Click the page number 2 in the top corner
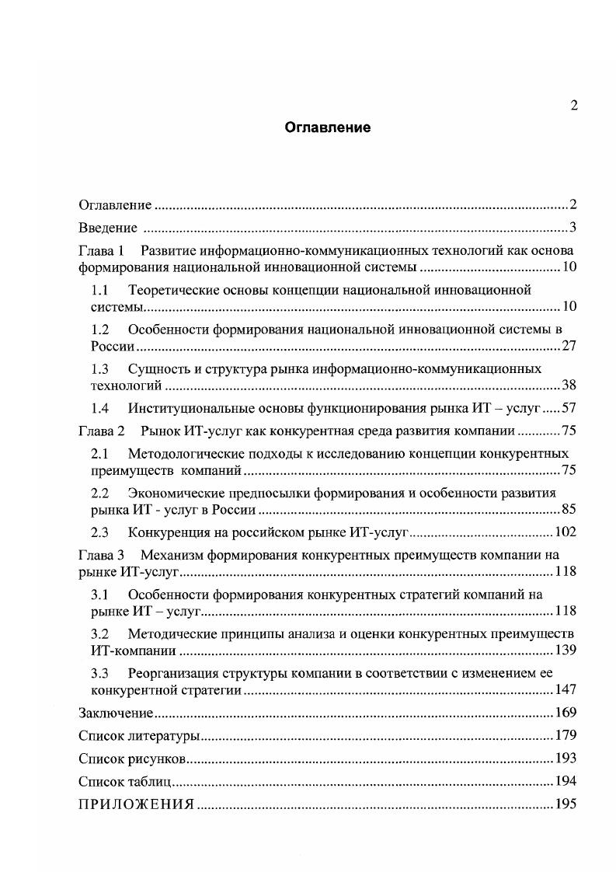point(573,106)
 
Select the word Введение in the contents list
point(107,228)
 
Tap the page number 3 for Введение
point(572,228)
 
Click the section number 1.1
point(99,290)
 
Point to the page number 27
point(569,346)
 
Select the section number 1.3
point(99,368)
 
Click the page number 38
point(569,385)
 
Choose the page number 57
point(569,408)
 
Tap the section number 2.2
point(99,493)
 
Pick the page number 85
point(569,510)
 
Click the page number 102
point(565,532)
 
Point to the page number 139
point(565,651)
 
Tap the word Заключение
point(116,713)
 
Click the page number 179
point(565,735)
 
